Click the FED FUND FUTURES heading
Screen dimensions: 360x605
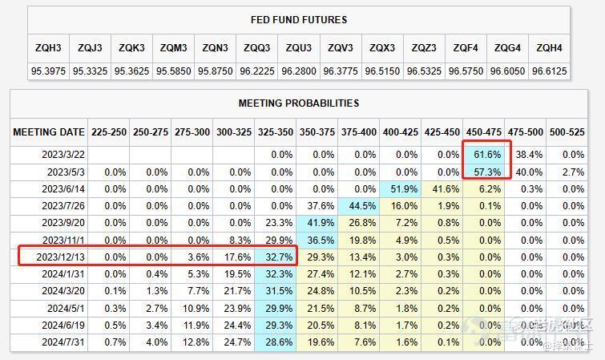299,20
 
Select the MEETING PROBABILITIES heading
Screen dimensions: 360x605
299,103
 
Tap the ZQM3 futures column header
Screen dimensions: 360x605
172,48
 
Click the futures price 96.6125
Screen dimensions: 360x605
551,71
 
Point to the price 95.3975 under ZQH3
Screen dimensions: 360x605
48,71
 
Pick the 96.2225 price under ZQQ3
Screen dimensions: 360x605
256,71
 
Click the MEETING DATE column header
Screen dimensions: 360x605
48,131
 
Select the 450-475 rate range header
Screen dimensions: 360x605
483,131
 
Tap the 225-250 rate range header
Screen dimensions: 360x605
109,131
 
